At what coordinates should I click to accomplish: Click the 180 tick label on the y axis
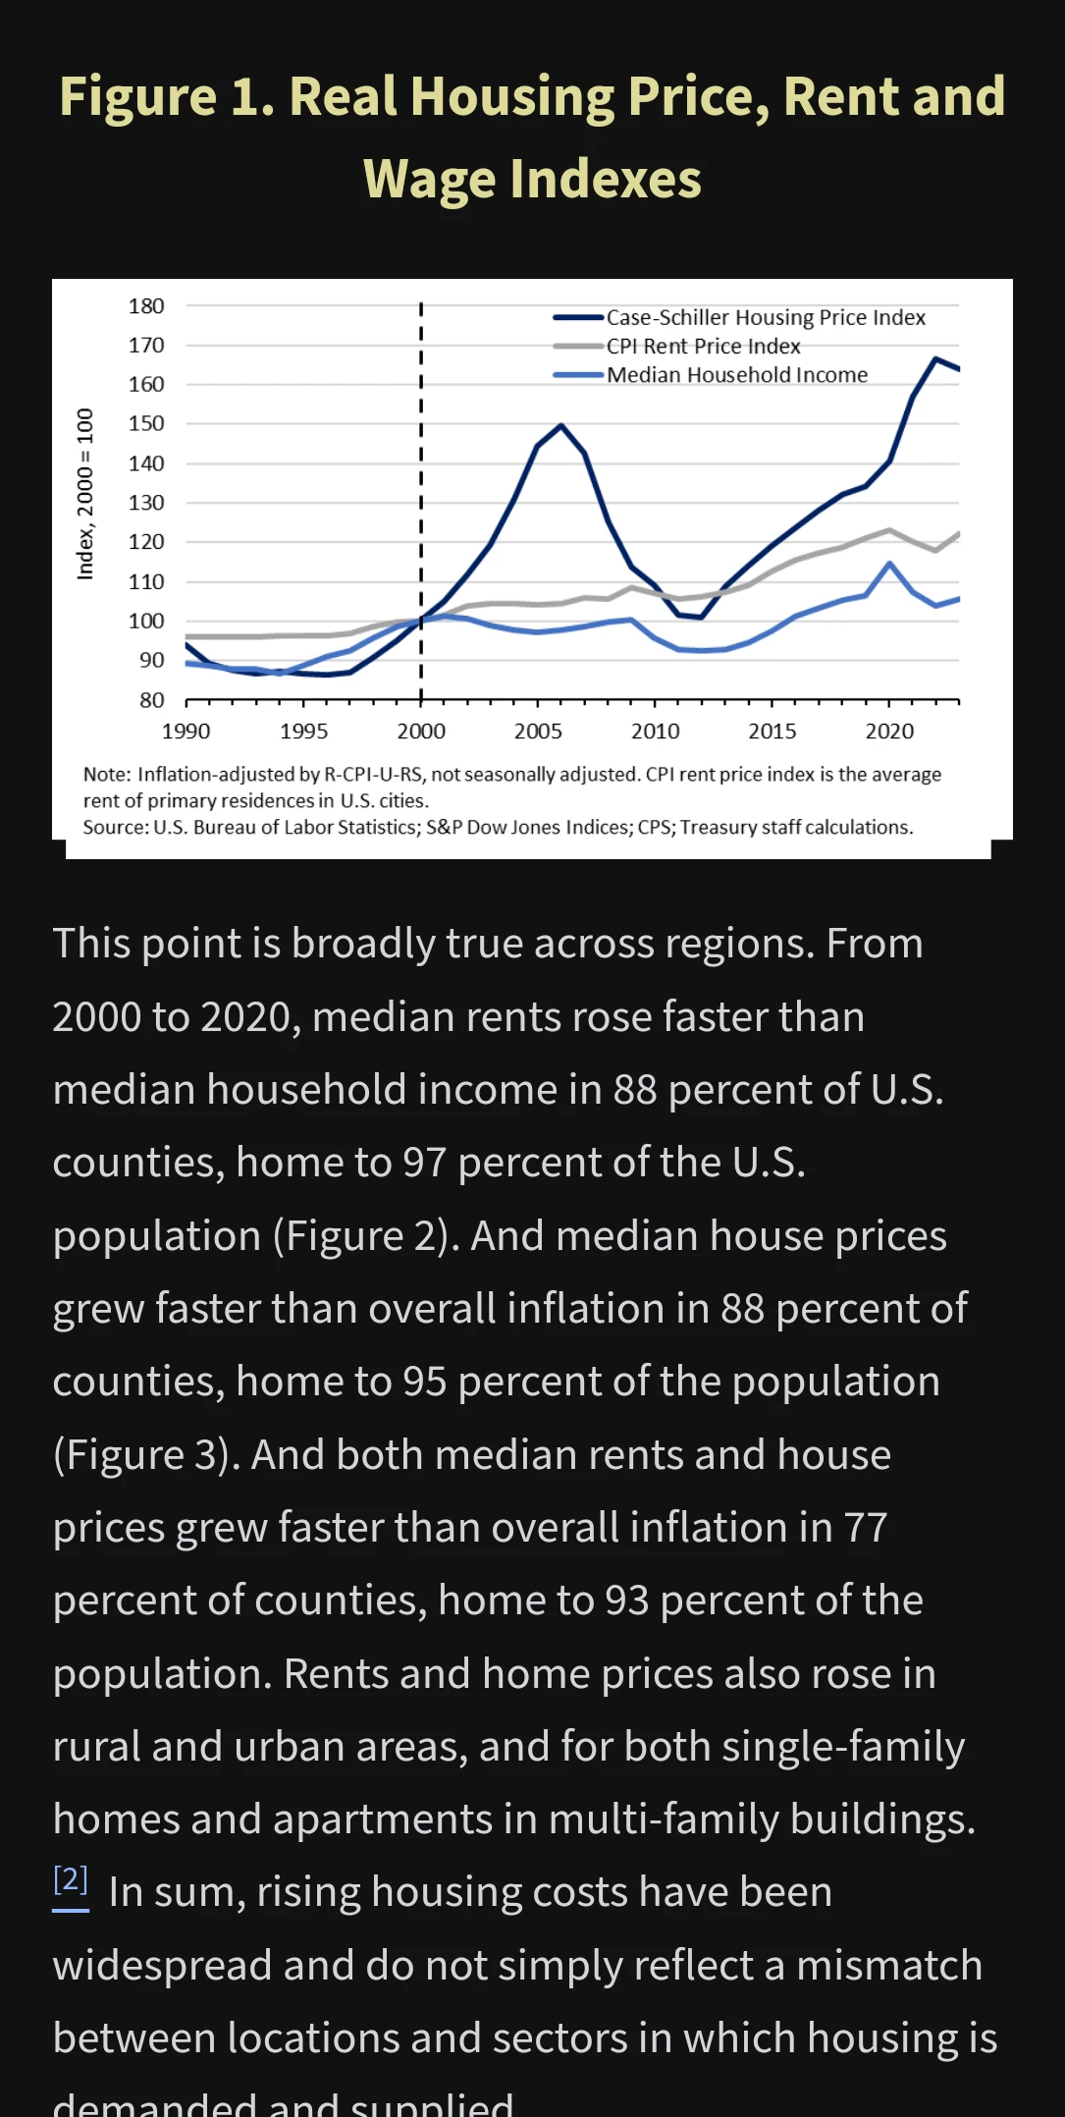click(146, 306)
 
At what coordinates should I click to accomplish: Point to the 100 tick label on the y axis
click(146, 621)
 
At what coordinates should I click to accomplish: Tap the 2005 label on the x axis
click(538, 732)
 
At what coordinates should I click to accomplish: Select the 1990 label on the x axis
click(186, 732)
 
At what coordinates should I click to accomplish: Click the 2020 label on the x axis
click(889, 732)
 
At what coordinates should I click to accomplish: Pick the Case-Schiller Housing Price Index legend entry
click(766, 317)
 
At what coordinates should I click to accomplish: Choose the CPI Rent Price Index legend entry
click(703, 346)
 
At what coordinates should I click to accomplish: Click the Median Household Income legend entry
click(736, 375)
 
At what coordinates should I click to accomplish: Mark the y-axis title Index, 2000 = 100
click(85, 494)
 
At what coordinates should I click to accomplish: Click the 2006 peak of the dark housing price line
click(560, 425)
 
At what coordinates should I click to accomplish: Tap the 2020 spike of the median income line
click(889, 564)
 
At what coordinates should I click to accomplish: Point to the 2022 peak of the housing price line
click(935, 358)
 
